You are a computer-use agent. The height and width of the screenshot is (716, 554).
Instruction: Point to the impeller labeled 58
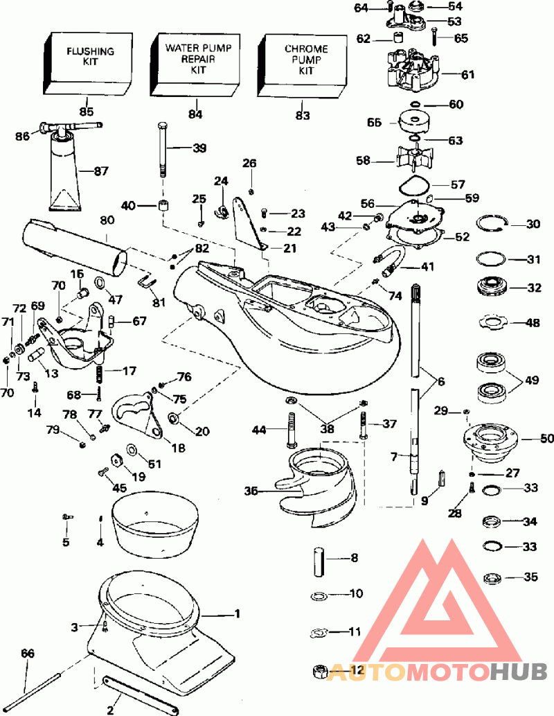click(413, 160)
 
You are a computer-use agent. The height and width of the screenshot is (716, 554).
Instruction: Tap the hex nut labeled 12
click(321, 671)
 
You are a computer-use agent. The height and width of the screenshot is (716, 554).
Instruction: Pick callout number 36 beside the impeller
click(251, 491)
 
